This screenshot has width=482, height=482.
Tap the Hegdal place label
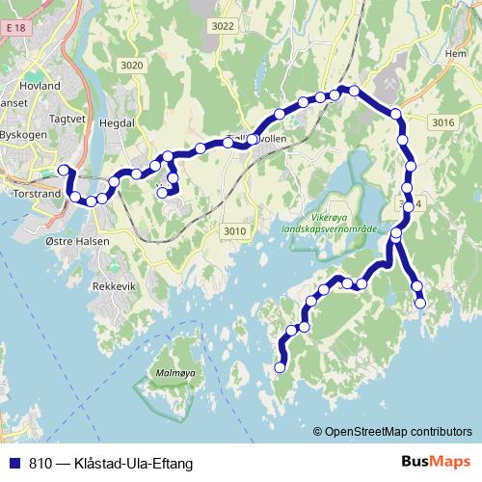point(117,123)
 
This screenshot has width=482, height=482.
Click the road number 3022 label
point(223,27)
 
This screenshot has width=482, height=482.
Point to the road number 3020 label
point(132,65)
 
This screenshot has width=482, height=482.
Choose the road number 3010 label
point(234,230)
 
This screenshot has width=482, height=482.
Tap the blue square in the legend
point(13,463)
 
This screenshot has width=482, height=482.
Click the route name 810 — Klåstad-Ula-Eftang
point(110,463)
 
